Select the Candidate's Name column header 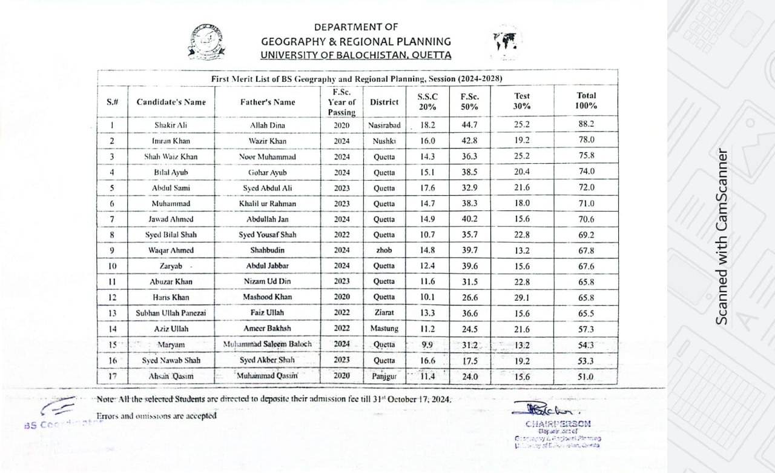171,102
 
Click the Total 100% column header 586,100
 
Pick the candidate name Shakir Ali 170,126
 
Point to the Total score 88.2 586,124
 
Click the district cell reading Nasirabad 384,126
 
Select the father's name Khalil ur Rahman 267,204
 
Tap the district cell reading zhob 384,250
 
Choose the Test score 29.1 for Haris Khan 521,297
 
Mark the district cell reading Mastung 384,329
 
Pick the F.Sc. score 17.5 469,360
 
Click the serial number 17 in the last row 111,376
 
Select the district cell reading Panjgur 384,376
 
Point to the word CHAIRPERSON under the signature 558,424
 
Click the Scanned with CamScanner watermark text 721,236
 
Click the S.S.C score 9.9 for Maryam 427,344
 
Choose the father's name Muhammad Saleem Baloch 267,344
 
